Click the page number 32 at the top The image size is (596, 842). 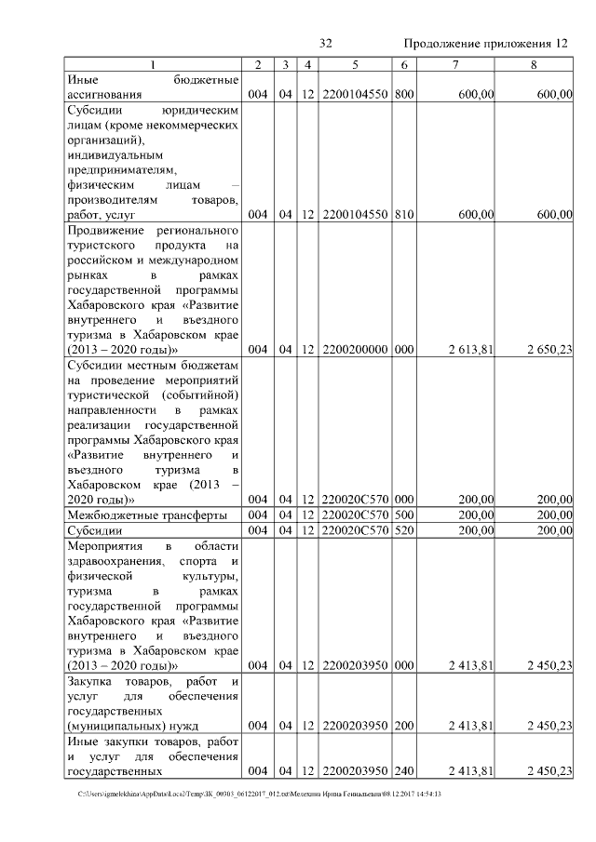326,44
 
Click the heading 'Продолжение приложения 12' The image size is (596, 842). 486,44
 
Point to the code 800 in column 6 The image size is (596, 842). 403,94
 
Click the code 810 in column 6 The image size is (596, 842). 403,215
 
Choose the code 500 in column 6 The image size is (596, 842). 403,515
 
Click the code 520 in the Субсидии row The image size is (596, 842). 403,529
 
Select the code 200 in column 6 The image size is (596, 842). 403,725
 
